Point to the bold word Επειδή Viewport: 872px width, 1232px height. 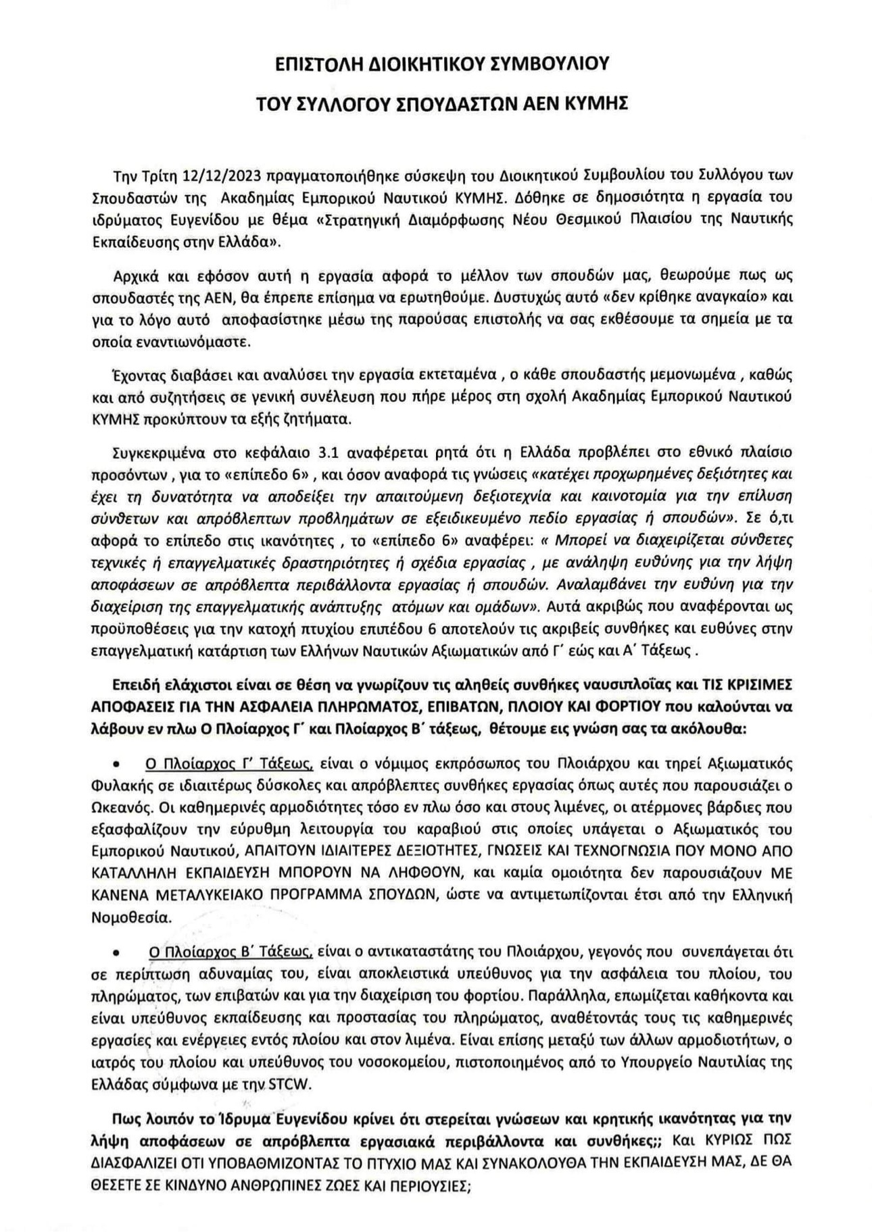click(x=131, y=684)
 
